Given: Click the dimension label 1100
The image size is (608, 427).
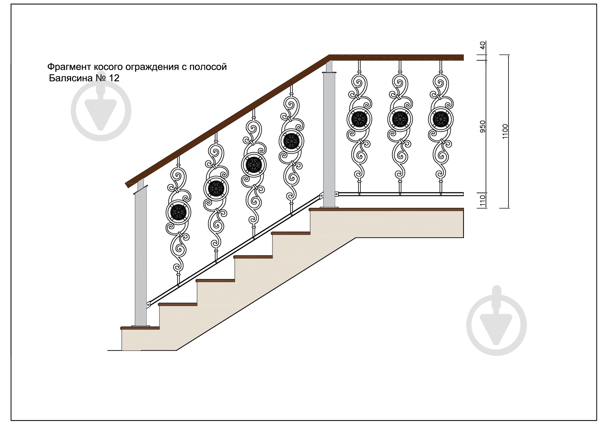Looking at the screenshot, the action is pyautogui.click(x=505, y=131).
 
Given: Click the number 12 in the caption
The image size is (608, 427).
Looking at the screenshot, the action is pyautogui.click(x=114, y=78).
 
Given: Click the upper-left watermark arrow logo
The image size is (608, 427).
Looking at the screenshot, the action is pyautogui.click(x=101, y=111).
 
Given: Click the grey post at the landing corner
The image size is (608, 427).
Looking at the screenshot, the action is pyautogui.click(x=329, y=135).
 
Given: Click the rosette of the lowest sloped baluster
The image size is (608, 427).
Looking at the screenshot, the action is pyautogui.click(x=179, y=212).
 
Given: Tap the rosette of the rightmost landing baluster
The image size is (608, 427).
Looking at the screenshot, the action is pyautogui.click(x=441, y=119).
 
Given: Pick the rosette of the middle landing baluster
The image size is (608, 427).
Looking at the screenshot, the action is pyautogui.click(x=400, y=119).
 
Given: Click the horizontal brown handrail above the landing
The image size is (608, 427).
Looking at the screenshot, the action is pyautogui.click(x=397, y=58).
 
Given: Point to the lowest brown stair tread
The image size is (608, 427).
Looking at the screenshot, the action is pyautogui.click(x=140, y=328).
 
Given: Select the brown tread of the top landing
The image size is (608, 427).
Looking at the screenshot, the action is pyautogui.click(x=386, y=209).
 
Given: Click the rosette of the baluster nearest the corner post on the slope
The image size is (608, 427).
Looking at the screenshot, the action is pyautogui.click(x=292, y=141).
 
